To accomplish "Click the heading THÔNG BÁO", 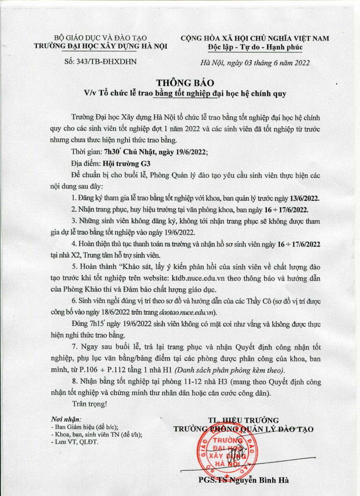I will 179,83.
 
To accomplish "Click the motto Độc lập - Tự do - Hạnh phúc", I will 255,47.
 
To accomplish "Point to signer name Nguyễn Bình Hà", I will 264,480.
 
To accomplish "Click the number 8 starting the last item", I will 74,382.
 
